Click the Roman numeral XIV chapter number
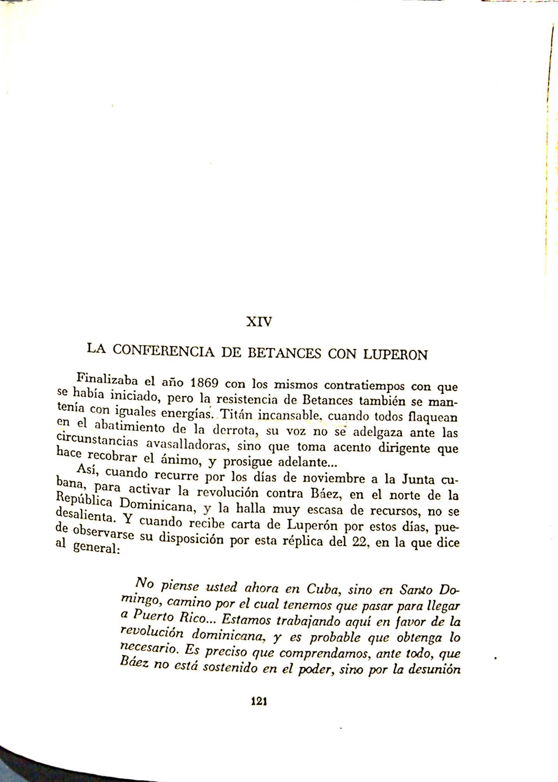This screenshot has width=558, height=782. [259, 322]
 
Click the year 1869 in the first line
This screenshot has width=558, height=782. [202, 384]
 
